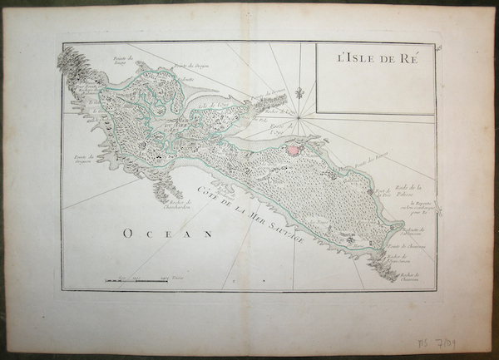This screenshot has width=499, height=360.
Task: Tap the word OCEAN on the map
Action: (168, 234)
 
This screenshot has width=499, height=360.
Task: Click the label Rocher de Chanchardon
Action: (179, 206)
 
